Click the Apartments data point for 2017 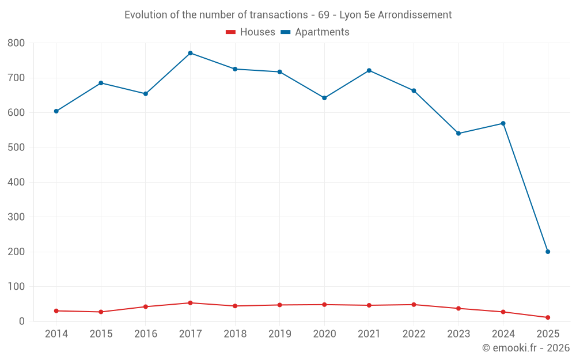point(190,53)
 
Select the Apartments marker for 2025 point(548,252)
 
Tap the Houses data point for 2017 point(190,303)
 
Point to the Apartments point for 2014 point(56,111)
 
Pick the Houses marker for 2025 point(548,317)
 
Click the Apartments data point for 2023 point(458,134)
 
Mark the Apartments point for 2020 point(324,98)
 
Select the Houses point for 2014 point(56,311)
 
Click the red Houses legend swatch point(230,32)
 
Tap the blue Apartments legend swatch point(285,32)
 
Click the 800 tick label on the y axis point(16,43)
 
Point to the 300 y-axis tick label point(16,217)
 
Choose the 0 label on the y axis point(21,321)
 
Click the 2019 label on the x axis point(280,334)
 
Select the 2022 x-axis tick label point(414,334)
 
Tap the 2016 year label point(146,334)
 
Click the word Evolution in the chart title point(144,15)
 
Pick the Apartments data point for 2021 point(369,70)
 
